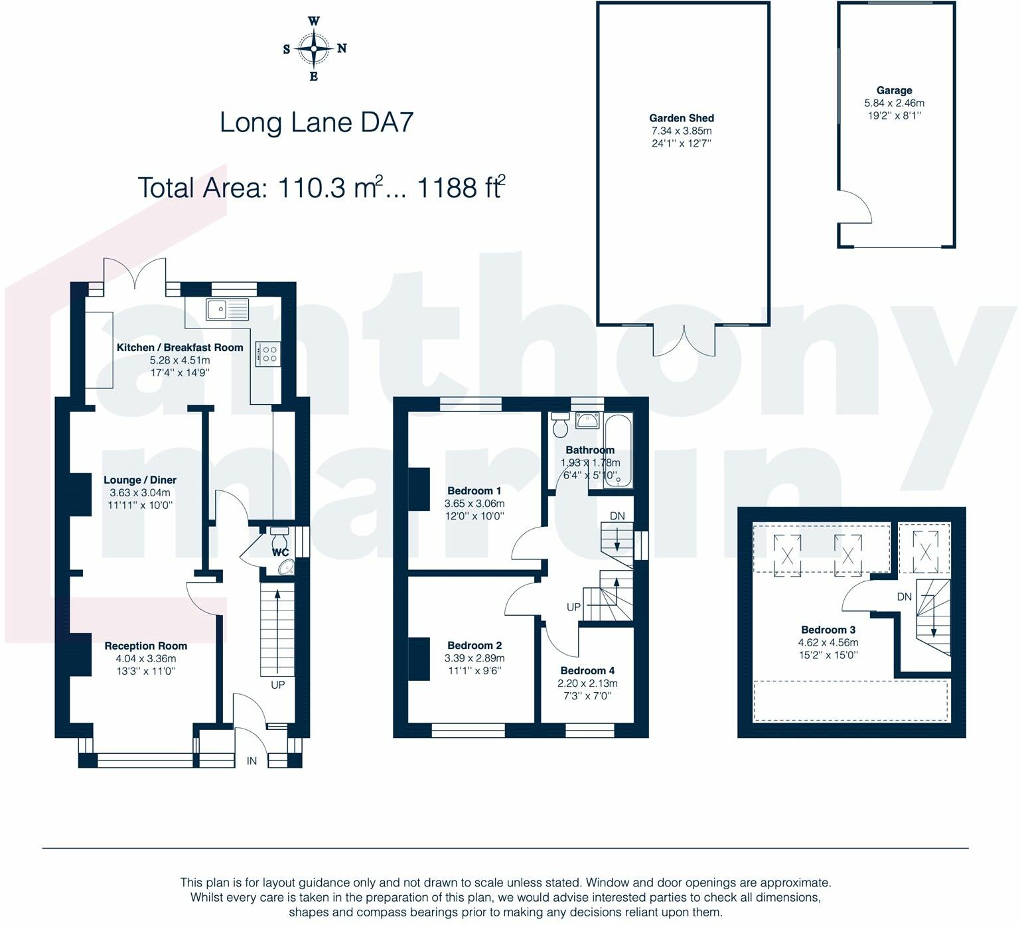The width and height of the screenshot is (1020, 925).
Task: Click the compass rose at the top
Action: tap(314, 48)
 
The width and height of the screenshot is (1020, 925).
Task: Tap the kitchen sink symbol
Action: tap(227, 309)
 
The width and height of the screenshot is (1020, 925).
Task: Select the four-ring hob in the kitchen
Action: tap(268, 353)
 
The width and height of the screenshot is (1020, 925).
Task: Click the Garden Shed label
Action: tap(682, 118)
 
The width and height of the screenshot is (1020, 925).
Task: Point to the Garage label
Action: tap(894, 90)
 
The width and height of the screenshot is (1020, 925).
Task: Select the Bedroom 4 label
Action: tap(587, 671)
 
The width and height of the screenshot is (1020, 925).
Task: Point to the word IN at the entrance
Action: tap(252, 761)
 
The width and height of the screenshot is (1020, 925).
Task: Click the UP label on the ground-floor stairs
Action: tap(277, 684)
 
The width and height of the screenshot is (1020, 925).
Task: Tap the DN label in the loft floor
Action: tap(904, 597)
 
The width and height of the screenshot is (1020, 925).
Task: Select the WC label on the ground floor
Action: tap(280, 552)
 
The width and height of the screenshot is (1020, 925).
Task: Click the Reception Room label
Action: tap(146, 646)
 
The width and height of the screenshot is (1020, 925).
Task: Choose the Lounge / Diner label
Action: tap(140, 480)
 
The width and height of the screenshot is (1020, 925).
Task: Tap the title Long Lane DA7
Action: tap(317, 123)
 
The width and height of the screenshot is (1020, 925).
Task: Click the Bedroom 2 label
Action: tap(474, 646)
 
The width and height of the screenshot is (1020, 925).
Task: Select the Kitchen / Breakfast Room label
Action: tap(180, 347)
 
